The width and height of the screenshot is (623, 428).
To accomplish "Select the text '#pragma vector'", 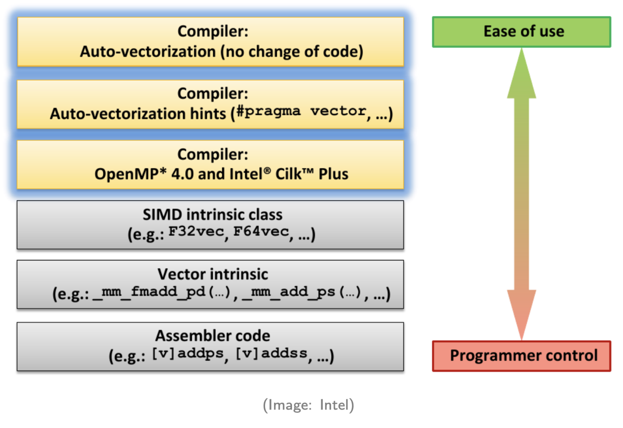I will pos(301,111).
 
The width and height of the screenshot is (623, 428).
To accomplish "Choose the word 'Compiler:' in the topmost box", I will pos(213,31).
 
